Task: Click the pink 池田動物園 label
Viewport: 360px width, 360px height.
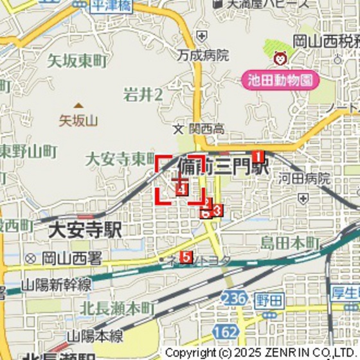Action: (x=282, y=80)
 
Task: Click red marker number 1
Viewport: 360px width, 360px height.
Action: (x=258, y=156)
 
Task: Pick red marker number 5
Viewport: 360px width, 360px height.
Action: (x=186, y=258)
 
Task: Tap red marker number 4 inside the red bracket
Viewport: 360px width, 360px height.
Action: (x=182, y=189)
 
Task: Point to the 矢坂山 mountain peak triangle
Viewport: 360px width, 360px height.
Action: (x=78, y=105)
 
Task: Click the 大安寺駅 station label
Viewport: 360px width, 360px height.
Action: (x=85, y=230)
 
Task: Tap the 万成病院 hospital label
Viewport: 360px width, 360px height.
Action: (x=204, y=55)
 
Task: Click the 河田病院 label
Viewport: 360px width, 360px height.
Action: (x=305, y=179)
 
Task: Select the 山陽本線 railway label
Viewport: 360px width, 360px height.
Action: (x=96, y=334)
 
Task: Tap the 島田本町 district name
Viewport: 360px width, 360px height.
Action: (x=290, y=243)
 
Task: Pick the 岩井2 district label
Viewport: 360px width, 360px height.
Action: (x=143, y=96)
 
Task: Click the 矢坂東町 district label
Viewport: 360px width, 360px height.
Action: (x=77, y=62)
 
